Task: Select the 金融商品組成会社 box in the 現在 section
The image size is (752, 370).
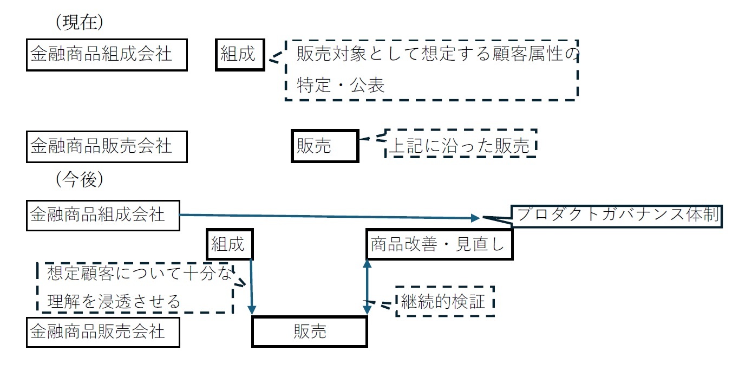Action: click(x=107, y=55)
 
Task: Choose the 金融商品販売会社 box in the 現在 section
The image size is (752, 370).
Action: click(x=107, y=146)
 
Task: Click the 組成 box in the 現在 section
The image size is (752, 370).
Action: click(x=240, y=55)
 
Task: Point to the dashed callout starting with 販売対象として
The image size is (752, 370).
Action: click(x=431, y=70)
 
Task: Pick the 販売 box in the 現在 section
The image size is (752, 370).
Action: click(x=324, y=146)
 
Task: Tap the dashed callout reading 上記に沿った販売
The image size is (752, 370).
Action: click(x=461, y=144)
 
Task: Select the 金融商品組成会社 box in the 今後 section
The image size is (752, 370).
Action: click(x=103, y=215)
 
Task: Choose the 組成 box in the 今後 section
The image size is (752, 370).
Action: click(x=230, y=245)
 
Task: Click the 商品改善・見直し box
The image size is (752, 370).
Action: click(x=439, y=245)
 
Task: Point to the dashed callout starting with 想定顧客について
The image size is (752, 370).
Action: click(x=135, y=287)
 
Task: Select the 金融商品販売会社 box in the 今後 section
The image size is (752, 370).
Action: click(x=103, y=331)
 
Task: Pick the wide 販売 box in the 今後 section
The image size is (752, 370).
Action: click(x=310, y=332)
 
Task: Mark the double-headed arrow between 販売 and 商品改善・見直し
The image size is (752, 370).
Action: click(x=367, y=287)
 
